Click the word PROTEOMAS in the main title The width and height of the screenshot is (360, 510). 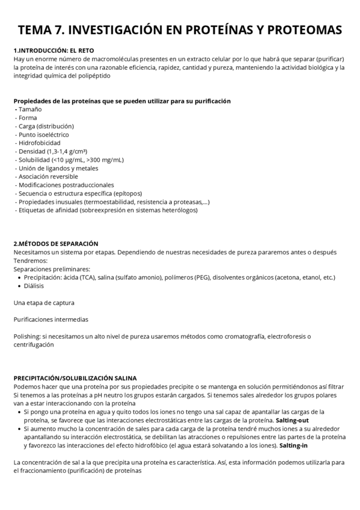[x=299, y=30]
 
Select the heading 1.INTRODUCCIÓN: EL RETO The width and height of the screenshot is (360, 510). [x=53, y=51]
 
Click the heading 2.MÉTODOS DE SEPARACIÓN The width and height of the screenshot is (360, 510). [x=56, y=244]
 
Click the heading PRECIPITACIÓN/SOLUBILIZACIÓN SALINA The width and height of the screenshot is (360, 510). [x=75, y=378]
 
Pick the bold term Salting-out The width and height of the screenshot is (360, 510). [x=292, y=420]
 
